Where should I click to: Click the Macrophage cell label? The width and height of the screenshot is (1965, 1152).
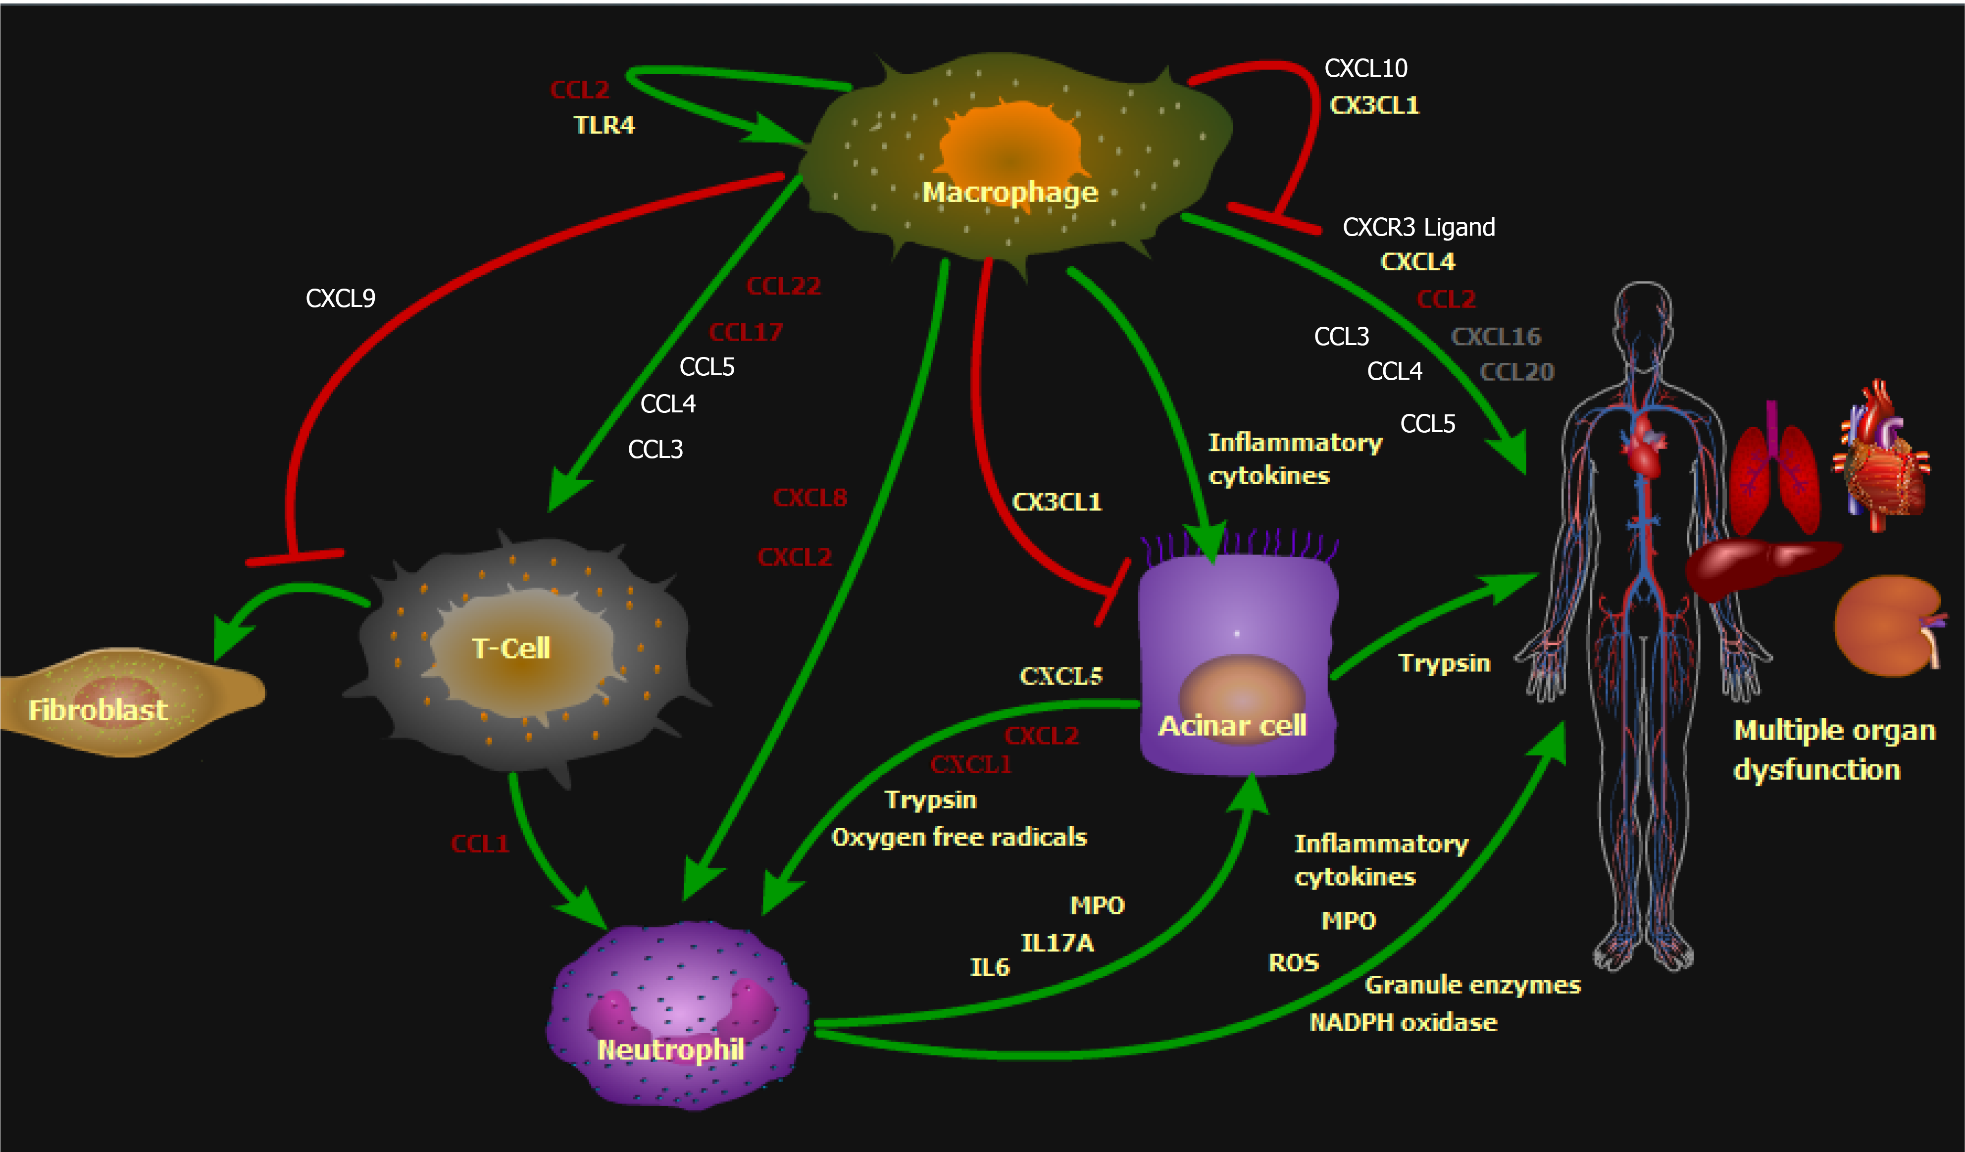[1010, 192]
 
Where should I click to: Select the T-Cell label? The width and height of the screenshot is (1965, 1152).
[511, 648]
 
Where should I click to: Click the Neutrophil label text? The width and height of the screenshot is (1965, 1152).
[670, 1049]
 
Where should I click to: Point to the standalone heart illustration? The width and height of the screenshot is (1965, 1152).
[1883, 460]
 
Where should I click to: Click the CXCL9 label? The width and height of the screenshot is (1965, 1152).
[340, 298]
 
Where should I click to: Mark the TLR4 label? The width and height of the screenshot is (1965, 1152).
[605, 125]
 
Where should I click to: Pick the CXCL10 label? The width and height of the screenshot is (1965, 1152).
[1366, 69]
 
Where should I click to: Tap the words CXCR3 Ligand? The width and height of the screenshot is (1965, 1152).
[1418, 227]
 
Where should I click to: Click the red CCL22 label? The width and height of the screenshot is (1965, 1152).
[784, 286]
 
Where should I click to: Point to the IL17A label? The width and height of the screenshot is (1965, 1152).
[1058, 943]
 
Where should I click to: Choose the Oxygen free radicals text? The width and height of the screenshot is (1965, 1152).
[959, 837]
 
